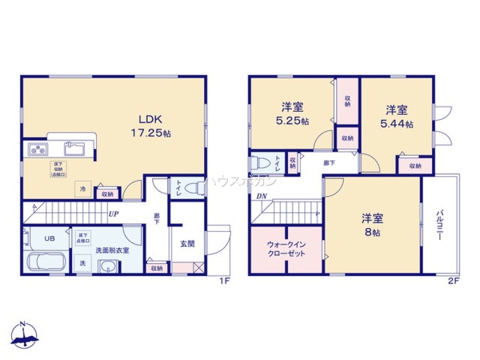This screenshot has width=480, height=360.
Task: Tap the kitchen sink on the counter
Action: point(74,146)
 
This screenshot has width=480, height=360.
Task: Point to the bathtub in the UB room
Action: point(46,262)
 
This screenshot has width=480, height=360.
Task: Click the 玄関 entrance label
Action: point(187,244)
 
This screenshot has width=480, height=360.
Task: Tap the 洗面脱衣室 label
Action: point(112,250)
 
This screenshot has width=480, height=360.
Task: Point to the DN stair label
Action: point(262,196)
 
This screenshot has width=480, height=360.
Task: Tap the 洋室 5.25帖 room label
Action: point(292,114)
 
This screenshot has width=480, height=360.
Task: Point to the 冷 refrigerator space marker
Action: point(82,189)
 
